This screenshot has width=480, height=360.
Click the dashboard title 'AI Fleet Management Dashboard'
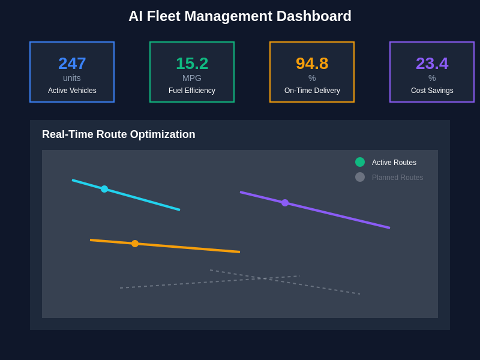(x=240, y=16)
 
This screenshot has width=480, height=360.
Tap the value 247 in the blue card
(x=72, y=63)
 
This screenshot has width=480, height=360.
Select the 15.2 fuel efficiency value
(x=192, y=63)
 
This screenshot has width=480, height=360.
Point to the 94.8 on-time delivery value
(x=312, y=63)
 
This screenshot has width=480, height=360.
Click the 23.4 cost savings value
(x=432, y=63)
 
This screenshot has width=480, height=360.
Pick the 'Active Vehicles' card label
(x=72, y=91)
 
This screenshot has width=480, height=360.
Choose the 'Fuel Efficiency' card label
(x=192, y=91)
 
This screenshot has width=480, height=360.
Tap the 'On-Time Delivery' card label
(x=312, y=91)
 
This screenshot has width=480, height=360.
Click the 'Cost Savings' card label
(x=432, y=91)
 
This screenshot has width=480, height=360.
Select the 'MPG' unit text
(x=192, y=78)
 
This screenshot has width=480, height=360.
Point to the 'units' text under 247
(x=72, y=78)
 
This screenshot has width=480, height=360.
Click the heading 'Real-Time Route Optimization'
(x=119, y=134)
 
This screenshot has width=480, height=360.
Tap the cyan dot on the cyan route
(x=104, y=189)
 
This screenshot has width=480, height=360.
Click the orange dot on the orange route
(x=135, y=244)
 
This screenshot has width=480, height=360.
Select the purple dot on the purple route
(x=285, y=203)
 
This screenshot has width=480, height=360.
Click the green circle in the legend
(x=360, y=162)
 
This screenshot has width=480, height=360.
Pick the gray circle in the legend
(x=360, y=177)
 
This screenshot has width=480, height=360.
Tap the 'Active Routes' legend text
(x=394, y=163)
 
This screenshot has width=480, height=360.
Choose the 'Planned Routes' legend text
(x=397, y=178)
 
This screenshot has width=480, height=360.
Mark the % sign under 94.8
(x=312, y=78)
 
